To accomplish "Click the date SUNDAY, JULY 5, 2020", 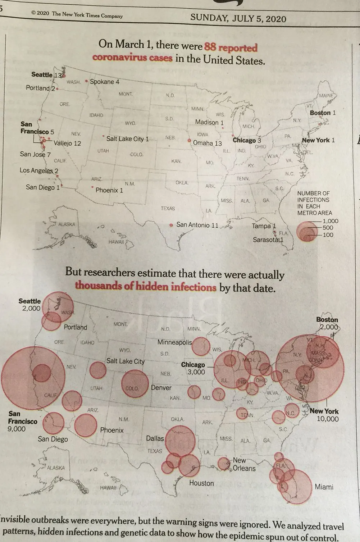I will pyautogui.click(x=238, y=18).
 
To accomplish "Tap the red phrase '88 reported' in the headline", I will pyautogui.click(x=231, y=47).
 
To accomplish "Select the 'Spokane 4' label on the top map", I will pyautogui.click(x=104, y=82).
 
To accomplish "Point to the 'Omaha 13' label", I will pyautogui.click(x=207, y=143).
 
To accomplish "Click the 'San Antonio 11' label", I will pyautogui.click(x=197, y=225).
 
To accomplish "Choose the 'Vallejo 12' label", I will pyautogui.click(x=67, y=143).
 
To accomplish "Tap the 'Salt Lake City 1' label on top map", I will pyautogui.click(x=127, y=139).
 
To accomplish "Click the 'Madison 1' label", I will pyautogui.click(x=209, y=122).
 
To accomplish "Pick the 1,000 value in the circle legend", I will pyautogui.click(x=330, y=221).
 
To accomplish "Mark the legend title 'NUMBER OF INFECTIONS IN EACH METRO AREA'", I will pyautogui.click(x=314, y=203).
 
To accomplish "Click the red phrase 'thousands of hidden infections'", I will pyautogui.click(x=146, y=287).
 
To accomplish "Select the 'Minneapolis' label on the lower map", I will pyautogui.click(x=175, y=342).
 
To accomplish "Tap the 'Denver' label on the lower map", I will pyautogui.click(x=161, y=388).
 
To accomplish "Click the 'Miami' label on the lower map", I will pyautogui.click(x=324, y=487).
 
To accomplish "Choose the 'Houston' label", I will pyautogui.click(x=201, y=483).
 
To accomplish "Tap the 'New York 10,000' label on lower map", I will pyautogui.click(x=324, y=415).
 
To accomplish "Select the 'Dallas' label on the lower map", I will pyautogui.click(x=155, y=438).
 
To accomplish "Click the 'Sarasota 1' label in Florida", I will pyautogui.click(x=268, y=240).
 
